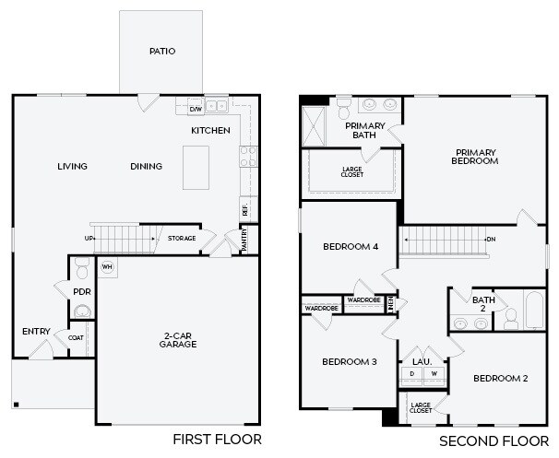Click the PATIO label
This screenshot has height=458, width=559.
coord(162,52)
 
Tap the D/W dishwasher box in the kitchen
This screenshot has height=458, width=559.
coord(196,109)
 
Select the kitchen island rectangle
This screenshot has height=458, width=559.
coord(196,168)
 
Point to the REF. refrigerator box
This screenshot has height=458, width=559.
coord(248,209)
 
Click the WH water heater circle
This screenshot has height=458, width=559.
coord(107,266)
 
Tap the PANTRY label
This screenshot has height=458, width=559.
coord(244,241)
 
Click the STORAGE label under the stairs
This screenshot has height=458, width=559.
coord(182,239)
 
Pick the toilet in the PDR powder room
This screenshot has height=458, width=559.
coord(82,268)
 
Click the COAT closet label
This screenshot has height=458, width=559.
coord(76,337)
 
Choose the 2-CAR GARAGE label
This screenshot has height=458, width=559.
coord(178,340)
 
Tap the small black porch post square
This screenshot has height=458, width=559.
coord(16,405)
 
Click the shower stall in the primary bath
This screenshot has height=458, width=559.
coord(314,126)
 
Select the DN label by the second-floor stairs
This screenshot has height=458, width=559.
coord(492,240)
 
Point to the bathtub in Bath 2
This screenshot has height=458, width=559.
coord(534,311)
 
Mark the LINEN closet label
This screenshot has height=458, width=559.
coord(391,304)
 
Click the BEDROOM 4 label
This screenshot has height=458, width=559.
coord(351,247)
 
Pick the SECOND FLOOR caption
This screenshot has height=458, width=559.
coord(494,441)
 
